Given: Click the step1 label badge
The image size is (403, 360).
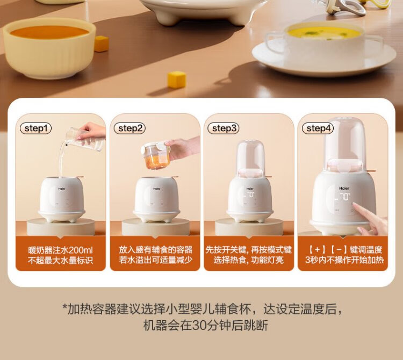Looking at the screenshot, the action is (35, 128).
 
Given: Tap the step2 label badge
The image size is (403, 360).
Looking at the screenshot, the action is (130, 128).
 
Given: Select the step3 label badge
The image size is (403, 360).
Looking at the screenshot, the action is (224, 128).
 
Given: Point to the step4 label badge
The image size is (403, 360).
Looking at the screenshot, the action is (318, 128).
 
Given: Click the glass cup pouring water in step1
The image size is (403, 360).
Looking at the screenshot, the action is (85, 140).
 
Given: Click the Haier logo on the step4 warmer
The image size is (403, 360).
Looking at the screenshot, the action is (344, 189).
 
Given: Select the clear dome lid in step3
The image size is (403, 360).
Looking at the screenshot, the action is (251, 157).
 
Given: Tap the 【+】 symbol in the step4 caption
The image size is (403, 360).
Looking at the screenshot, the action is (317, 249).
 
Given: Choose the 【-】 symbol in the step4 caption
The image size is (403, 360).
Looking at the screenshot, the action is (339, 249).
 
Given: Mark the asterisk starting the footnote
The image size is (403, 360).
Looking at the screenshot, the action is (64, 307).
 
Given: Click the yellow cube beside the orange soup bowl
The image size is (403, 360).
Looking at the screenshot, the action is (101, 44).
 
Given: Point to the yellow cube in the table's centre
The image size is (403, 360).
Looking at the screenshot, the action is (177, 80).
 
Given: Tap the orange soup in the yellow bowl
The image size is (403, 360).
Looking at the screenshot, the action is (49, 32).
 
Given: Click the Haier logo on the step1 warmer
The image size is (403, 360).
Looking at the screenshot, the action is (62, 189).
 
